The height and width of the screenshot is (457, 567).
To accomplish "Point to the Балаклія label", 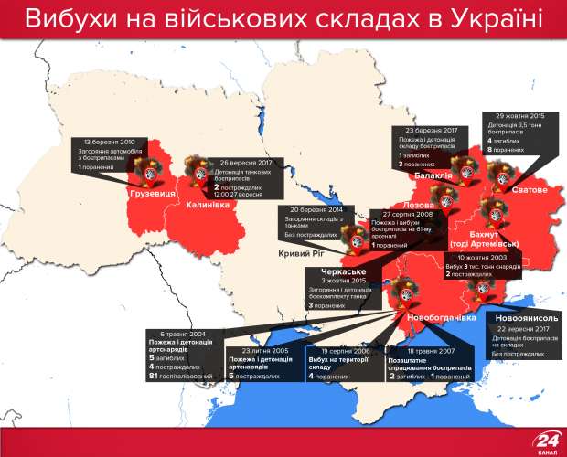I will (430, 175).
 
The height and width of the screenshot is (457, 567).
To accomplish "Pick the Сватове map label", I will (528, 189).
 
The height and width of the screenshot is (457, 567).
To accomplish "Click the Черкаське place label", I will (344, 271).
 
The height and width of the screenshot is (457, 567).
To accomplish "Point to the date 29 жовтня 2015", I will (519, 116).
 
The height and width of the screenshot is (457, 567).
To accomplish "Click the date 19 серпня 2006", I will (331, 350).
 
